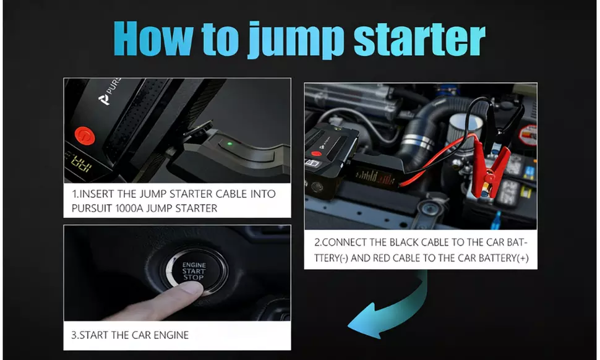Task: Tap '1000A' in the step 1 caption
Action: [135, 208]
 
